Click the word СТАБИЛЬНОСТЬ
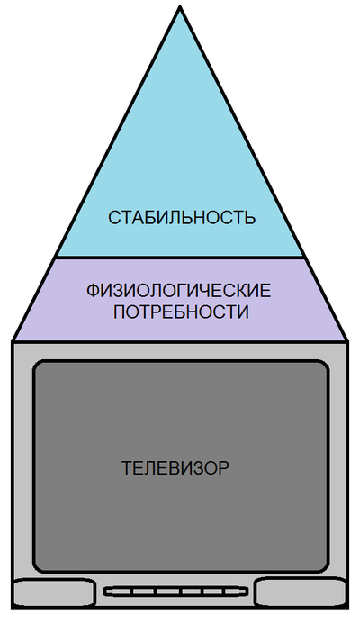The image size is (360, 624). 182,218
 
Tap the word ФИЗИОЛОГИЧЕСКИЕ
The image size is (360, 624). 178,291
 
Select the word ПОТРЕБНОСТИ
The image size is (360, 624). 181,312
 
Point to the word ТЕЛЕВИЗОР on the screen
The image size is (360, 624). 175,468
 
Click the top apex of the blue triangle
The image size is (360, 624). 180,7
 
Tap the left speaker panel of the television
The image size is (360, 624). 55,592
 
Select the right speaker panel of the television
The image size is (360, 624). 300,592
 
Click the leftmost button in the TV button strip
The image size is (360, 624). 120,592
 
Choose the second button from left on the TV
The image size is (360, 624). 144,592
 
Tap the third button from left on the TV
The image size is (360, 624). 167,592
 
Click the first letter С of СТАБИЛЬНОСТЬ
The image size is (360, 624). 114,218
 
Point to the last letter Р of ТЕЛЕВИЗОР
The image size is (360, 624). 224,468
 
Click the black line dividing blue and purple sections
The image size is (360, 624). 180,258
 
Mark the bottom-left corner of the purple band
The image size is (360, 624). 13,340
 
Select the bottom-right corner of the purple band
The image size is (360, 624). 346,340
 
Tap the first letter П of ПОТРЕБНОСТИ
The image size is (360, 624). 119,312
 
